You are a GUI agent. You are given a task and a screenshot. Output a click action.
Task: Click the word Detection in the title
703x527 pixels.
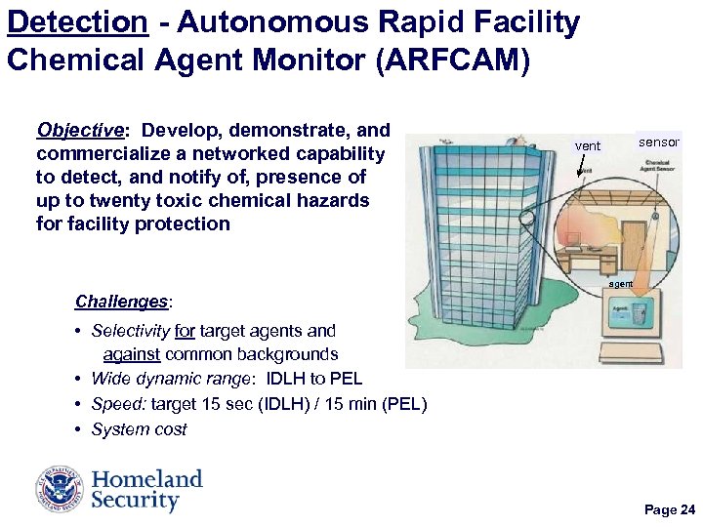click(x=78, y=21)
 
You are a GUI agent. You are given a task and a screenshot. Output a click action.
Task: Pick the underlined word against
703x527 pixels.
click(x=138, y=354)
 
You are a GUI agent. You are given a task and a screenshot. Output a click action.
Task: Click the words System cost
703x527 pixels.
click(x=139, y=429)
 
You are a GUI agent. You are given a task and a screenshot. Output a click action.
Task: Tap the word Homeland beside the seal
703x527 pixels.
click(x=147, y=479)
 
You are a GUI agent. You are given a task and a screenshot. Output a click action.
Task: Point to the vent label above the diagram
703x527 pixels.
click(x=588, y=146)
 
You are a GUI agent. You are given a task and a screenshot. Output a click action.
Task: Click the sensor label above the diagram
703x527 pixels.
click(x=658, y=142)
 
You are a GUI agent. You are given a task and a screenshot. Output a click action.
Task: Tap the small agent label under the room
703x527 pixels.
click(x=621, y=284)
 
